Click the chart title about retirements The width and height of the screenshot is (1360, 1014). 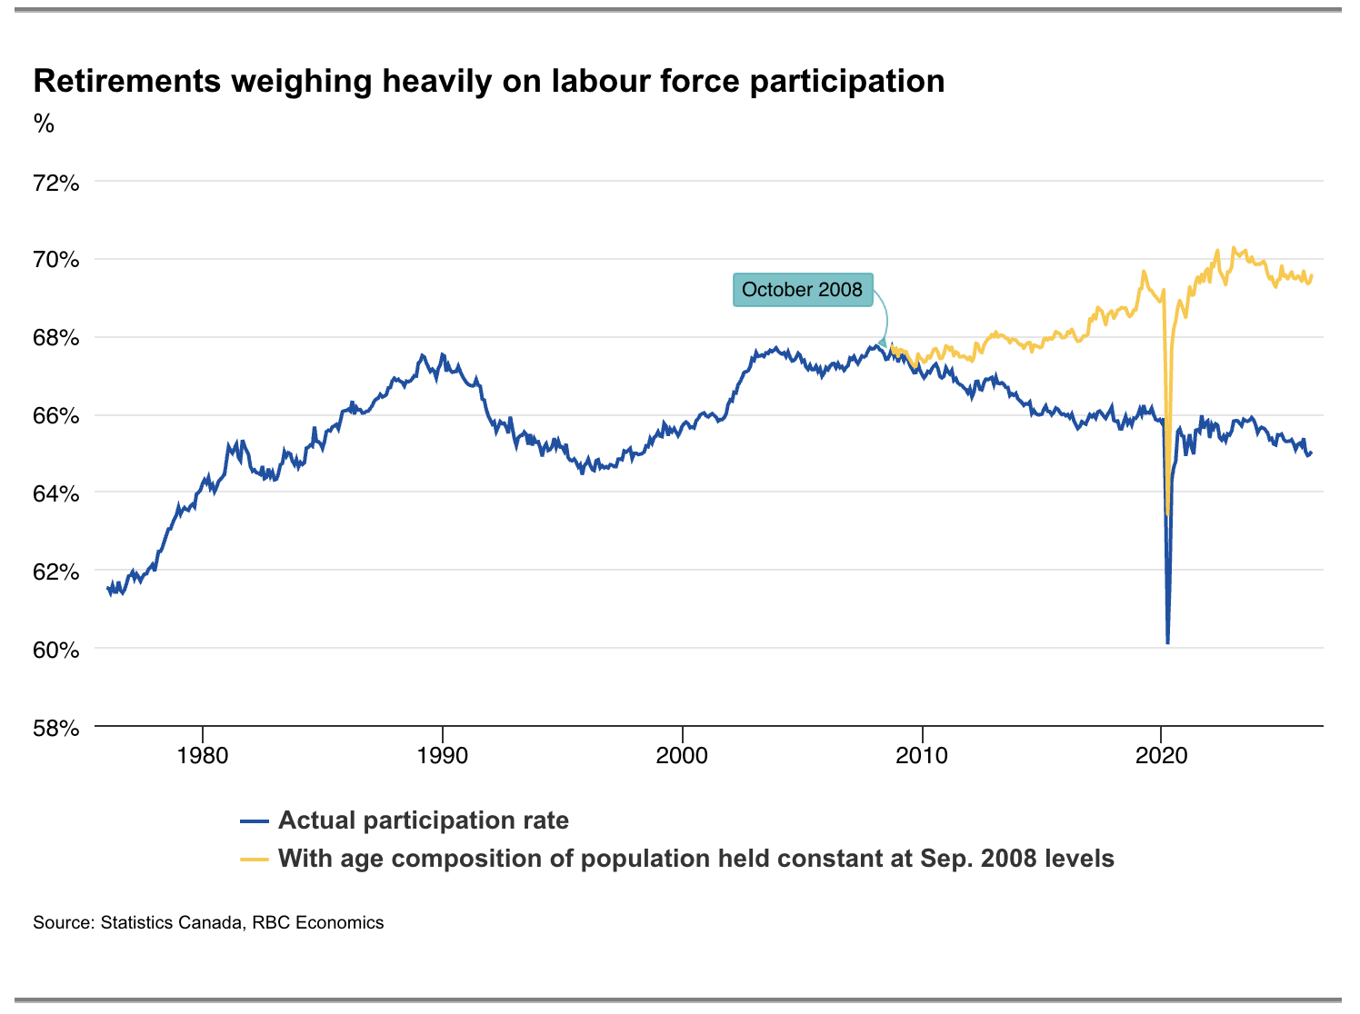pos(489,82)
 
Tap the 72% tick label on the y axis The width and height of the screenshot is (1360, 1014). pos(55,184)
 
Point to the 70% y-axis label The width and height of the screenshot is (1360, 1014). pos(55,259)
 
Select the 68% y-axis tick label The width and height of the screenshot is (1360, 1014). pos(55,338)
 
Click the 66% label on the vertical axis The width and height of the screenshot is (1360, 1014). pos(55,415)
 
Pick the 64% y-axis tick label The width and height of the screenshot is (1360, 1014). pos(55,493)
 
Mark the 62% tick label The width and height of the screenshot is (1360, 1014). pos(55,572)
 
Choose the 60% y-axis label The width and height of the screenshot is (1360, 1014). pos(55,650)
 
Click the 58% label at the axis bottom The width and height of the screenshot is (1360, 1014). pos(55,728)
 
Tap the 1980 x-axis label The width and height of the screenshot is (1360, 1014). pos(203,755)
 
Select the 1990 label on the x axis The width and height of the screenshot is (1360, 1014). pos(443,755)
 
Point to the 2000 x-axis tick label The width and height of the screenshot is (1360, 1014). pos(682,755)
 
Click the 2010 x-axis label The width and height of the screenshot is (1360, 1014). pos(922,755)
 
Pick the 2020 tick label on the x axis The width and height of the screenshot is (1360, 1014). pos(1161,755)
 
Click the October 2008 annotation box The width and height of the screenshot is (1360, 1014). pos(803,290)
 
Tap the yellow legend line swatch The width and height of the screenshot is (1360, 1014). pos(254,860)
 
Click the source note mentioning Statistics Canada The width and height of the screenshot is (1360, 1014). pos(208,922)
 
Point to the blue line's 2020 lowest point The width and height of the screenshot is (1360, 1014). pos(1168,643)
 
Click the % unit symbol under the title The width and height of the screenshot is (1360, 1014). pos(44,124)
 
